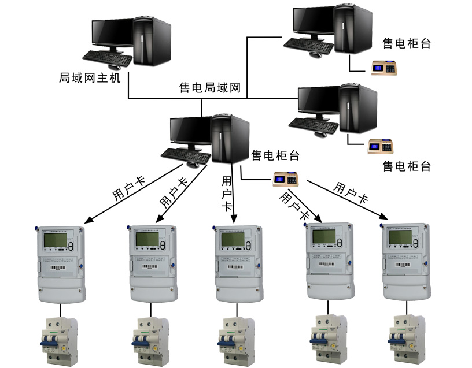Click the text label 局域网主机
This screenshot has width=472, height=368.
pyautogui.click(x=90, y=77)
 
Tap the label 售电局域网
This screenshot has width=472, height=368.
pyautogui.click(x=211, y=88)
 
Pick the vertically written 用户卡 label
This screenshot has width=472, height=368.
pyautogui.click(x=227, y=194)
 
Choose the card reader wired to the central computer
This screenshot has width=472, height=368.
pyautogui.click(x=287, y=180)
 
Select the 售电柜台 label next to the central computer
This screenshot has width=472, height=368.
pyautogui.click(x=275, y=155)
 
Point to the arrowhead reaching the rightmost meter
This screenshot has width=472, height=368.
pyautogui.click(x=384, y=217)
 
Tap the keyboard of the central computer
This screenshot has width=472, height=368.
pyautogui.click(x=185, y=154)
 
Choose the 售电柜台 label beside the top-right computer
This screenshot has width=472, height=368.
pyautogui.click(x=407, y=43)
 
